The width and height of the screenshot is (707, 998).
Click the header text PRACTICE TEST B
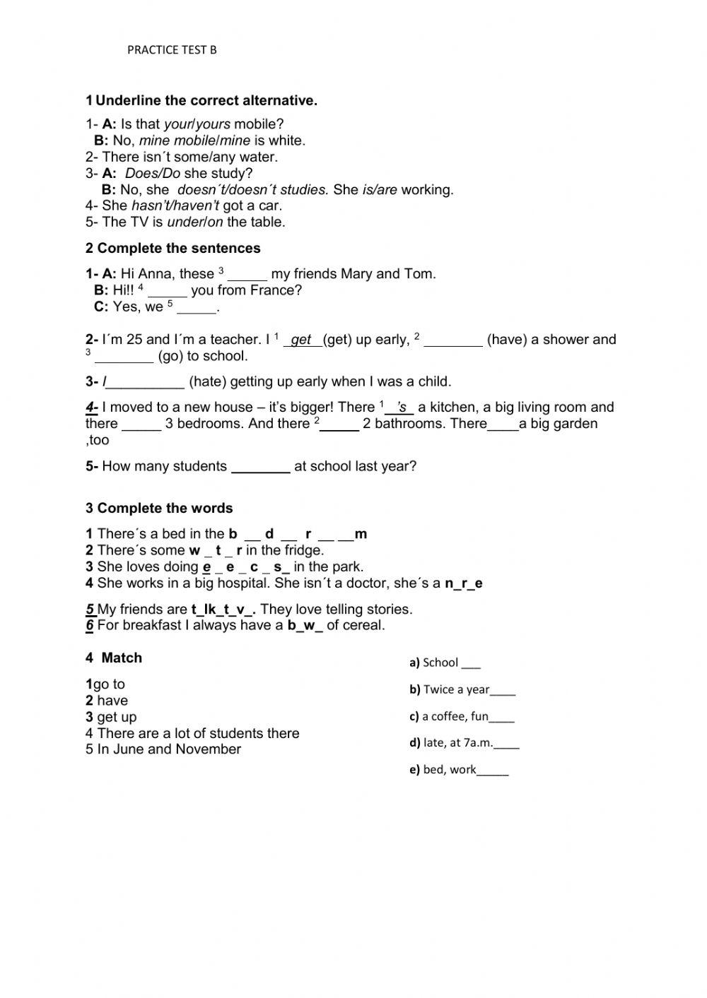[x=172, y=49]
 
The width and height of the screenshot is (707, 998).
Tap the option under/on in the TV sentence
[x=195, y=222]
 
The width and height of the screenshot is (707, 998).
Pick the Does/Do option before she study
[x=152, y=173]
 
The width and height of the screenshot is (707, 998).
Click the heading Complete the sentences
[x=178, y=248]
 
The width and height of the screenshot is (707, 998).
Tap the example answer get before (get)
[x=302, y=340]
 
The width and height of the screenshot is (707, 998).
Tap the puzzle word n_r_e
[x=463, y=583]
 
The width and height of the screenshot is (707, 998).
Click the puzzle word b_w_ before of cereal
[x=305, y=625]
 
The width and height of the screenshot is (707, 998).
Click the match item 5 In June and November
[x=163, y=749]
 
